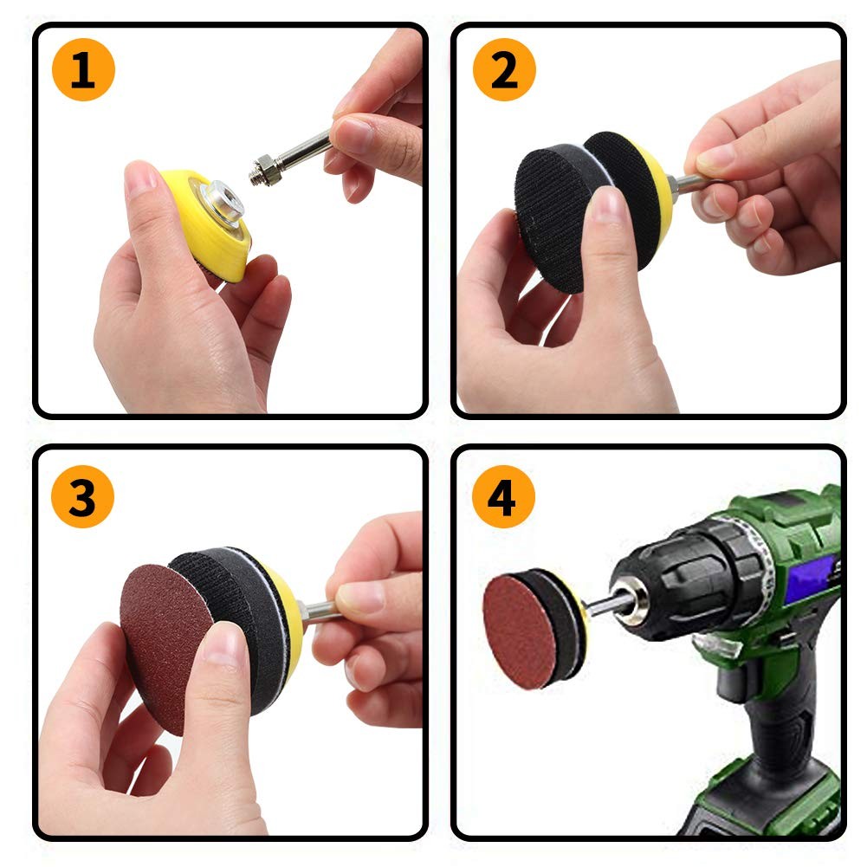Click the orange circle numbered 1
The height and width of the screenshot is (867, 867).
pyautogui.click(x=83, y=69)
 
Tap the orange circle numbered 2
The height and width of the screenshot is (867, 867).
pyautogui.click(x=504, y=69)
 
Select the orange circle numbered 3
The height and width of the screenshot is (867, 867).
pyautogui.click(x=83, y=496)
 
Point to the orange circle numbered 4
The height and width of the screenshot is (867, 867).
pyautogui.click(x=504, y=496)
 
